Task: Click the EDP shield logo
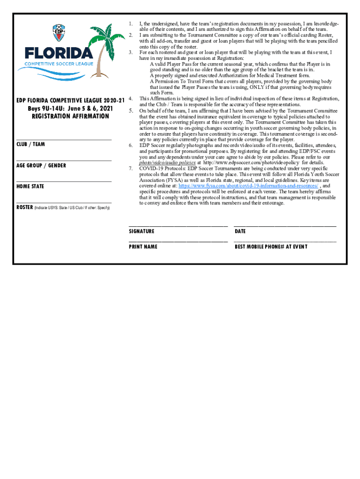pos(59,33)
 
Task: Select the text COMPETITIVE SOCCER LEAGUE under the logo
pos(59,64)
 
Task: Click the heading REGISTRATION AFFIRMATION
pos(70,116)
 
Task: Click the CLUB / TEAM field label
pos(31,144)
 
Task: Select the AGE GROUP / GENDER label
pos(41,166)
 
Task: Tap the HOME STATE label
pos(30,186)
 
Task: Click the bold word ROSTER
pos(24,207)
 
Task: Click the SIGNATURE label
pos(142,231)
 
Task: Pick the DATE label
pos(240,231)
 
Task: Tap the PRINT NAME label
pos(143,247)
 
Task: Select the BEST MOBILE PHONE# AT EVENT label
pos(271,247)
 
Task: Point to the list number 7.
pos(131,168)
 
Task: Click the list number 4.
pos(131,99)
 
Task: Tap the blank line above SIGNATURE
pos(178,225)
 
